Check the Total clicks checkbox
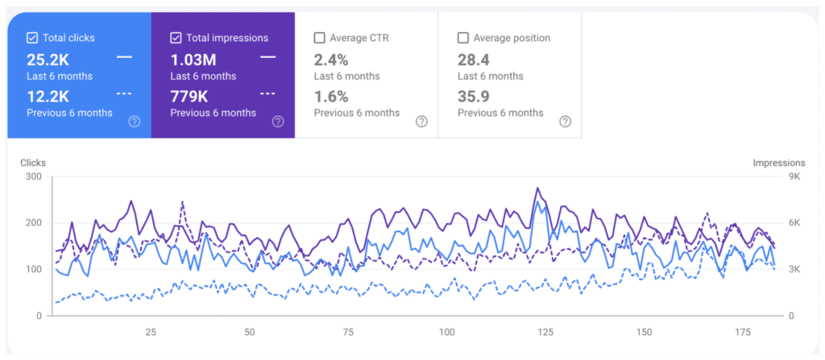coord(32,38)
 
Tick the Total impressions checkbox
coord(176,38)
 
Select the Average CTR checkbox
coord(319,38)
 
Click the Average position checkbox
coord(462,38)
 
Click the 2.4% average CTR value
coord(331,59)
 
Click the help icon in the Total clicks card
coord(135,122)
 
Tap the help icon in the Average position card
coord(565,122)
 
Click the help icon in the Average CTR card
coord(421,122)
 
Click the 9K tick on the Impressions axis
coord(793,177)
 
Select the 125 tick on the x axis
coord(545,332)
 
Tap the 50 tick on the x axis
coord(249,332)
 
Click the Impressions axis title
coord(778,163)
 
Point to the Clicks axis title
coord(33,163)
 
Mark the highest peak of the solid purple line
coord(537,188)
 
